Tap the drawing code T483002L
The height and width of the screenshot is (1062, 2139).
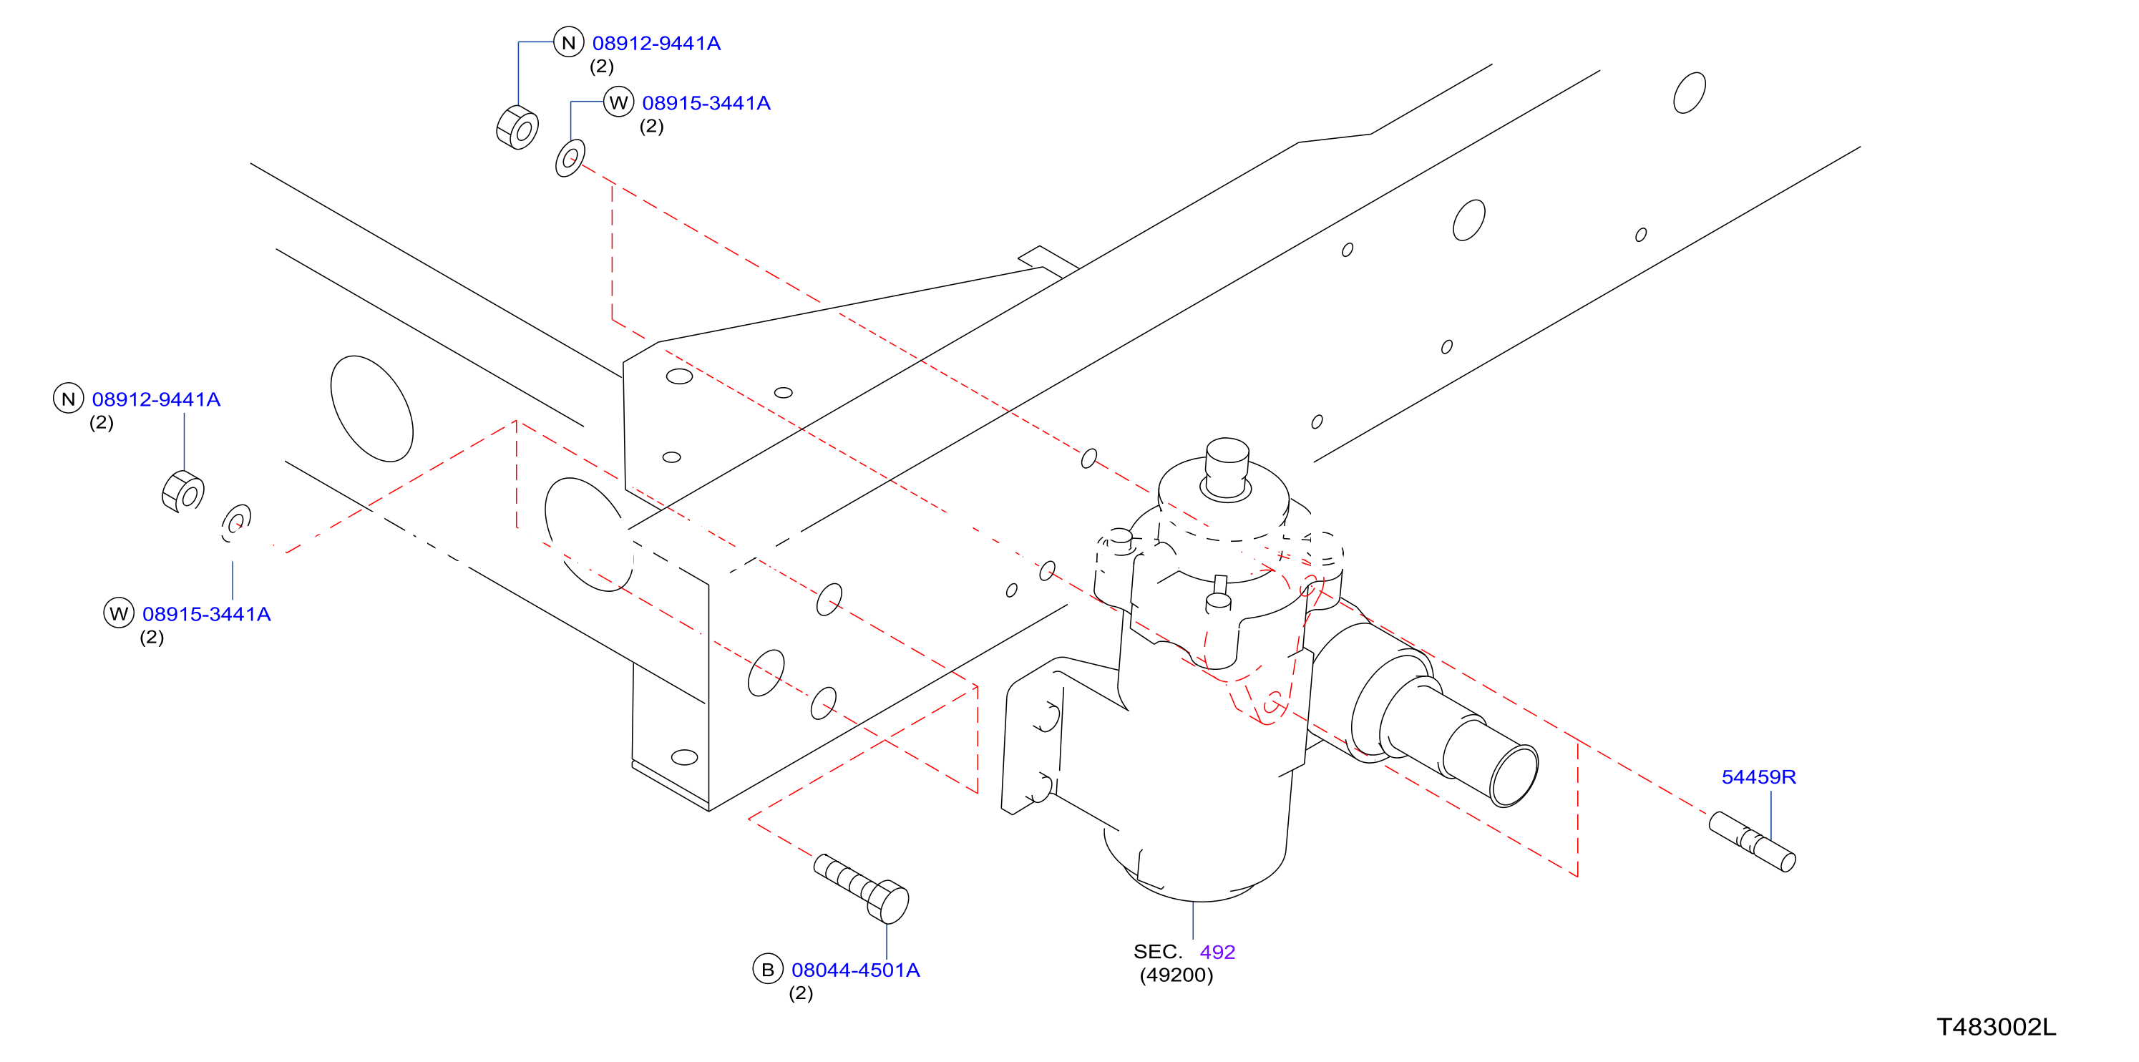click(1996, 1027)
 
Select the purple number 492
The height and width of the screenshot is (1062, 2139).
click(1217, 953)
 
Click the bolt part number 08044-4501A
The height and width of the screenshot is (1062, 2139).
click(855, 970)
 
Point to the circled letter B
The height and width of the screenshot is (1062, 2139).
click(767, 969)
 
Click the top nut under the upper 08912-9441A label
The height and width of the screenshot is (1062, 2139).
click(517, 128)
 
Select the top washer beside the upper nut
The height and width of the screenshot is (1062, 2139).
click(570, 157)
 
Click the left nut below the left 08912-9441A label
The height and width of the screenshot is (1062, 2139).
click(183, 492)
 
